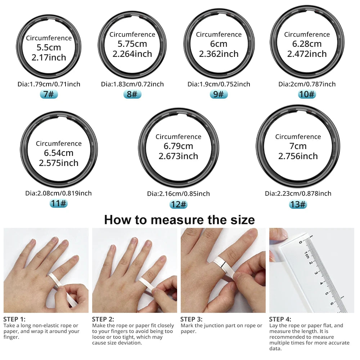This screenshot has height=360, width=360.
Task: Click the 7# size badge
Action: tap(49, 94)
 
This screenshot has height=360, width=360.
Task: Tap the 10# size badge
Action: tap(307, 94)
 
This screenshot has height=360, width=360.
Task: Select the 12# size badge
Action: tap(178, 204)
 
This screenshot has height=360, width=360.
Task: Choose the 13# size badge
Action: tap(298, 204)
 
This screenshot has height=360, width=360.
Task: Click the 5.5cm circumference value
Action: tap(49, 48)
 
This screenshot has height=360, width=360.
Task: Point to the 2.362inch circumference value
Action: tap(219, 54)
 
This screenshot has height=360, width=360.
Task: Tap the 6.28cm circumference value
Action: tap(307, 44)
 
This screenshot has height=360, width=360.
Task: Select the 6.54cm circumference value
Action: tap(59, 153)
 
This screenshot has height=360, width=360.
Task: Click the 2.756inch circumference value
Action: tap(298, 156)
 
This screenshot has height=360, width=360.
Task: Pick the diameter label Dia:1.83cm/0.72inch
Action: tap(132, 84)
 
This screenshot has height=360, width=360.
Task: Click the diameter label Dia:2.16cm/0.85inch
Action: tap(178, 194)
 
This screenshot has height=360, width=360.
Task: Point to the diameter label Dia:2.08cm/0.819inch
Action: tap(59, 193)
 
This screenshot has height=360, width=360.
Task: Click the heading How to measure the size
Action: tap(179, 220)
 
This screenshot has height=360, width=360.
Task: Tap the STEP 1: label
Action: tap(14, 319)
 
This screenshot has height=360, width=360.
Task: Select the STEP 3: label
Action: tap(191, 319)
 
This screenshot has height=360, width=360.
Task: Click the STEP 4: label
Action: tap(280, 319)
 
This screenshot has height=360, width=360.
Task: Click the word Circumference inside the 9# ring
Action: tap(219, 35)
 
